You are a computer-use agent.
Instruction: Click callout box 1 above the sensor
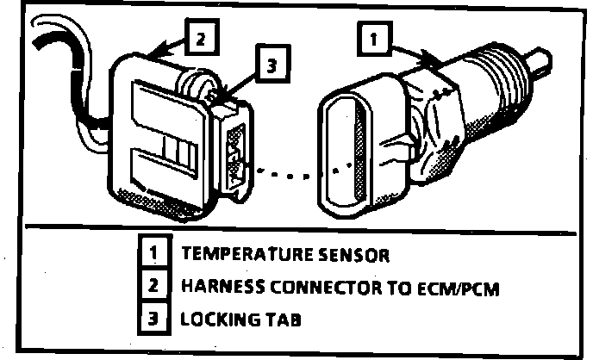click(x=373, y=39)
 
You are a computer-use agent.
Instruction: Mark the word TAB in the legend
click(x=265, y=318)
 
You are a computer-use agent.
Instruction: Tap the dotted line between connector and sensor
click(x=293, y=171)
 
